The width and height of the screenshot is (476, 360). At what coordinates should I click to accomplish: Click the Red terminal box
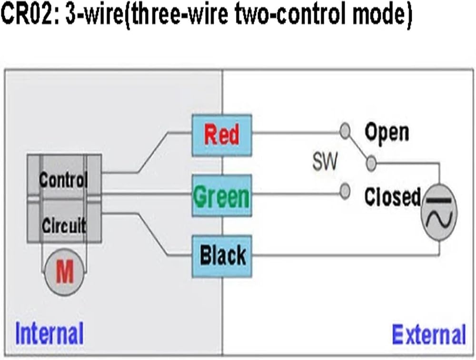(x=222, y=135)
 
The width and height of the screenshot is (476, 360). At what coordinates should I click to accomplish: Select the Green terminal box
(x=222, y=195)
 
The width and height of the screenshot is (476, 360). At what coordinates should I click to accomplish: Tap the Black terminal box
(x=222, y=256)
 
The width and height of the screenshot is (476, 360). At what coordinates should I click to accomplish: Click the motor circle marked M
(x=64, y=272)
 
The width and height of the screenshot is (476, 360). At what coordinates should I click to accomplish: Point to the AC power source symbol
(x=439, y=212)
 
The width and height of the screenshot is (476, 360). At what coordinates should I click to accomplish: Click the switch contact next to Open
(x=345, y=131)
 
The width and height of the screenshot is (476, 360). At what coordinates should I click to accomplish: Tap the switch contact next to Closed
(x=345, y=191)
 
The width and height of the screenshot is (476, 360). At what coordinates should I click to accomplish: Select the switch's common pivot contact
(x=371, y=164)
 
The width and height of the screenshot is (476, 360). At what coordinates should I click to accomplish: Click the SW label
(x=325, y=162)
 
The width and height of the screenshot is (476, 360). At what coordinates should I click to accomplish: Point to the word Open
(x=387, y=132)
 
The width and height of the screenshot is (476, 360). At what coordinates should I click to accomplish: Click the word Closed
(x=393, y=197)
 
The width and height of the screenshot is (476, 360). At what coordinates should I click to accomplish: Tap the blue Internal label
(x=50, y=333)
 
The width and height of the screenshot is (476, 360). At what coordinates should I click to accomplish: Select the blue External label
(x=429, y=334)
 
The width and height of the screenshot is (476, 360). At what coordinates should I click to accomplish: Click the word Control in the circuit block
(x=63, y=180)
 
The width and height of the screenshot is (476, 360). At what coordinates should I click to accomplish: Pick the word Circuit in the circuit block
(x=64, y=225)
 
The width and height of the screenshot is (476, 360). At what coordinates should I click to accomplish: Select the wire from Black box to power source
(x=346, y=256)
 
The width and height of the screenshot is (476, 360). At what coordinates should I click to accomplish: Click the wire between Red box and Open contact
(x=296, y=133)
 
